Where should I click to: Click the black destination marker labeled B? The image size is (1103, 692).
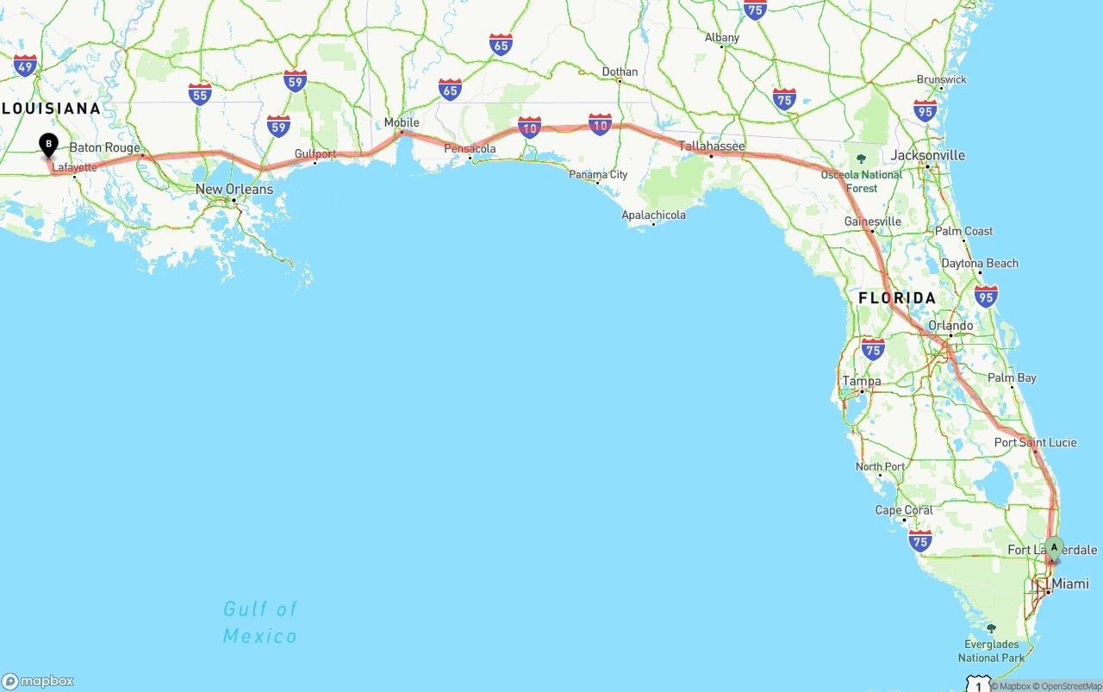pos(49,145)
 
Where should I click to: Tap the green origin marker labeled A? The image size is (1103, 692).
pos(1054,548)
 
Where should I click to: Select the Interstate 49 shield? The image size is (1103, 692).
pos(25,65)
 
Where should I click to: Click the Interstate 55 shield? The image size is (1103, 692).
pos(200,94)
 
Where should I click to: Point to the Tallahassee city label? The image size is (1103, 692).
pos(712,147)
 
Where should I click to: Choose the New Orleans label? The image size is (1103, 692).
pos(234,190)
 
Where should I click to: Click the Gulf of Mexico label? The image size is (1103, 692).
pos(259,622)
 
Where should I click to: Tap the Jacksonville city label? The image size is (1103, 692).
pos(928,155)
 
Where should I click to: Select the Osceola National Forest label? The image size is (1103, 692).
pos(861,181)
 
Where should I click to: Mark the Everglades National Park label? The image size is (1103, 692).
pos(991,651)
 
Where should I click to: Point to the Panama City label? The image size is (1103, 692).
pos(598,175)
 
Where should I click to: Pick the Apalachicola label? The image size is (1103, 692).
pos(653,215)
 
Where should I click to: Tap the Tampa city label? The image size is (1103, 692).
pos(862,381)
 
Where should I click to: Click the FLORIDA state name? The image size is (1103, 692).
pos(897,298)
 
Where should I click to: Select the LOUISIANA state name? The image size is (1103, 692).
pos(51,109)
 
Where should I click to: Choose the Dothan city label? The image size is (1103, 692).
pos(620,72)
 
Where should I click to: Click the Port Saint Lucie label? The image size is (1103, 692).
pos(1035,443)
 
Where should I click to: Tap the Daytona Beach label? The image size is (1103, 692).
pos(980,264)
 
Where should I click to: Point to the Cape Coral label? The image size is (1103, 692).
pos(904,510)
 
